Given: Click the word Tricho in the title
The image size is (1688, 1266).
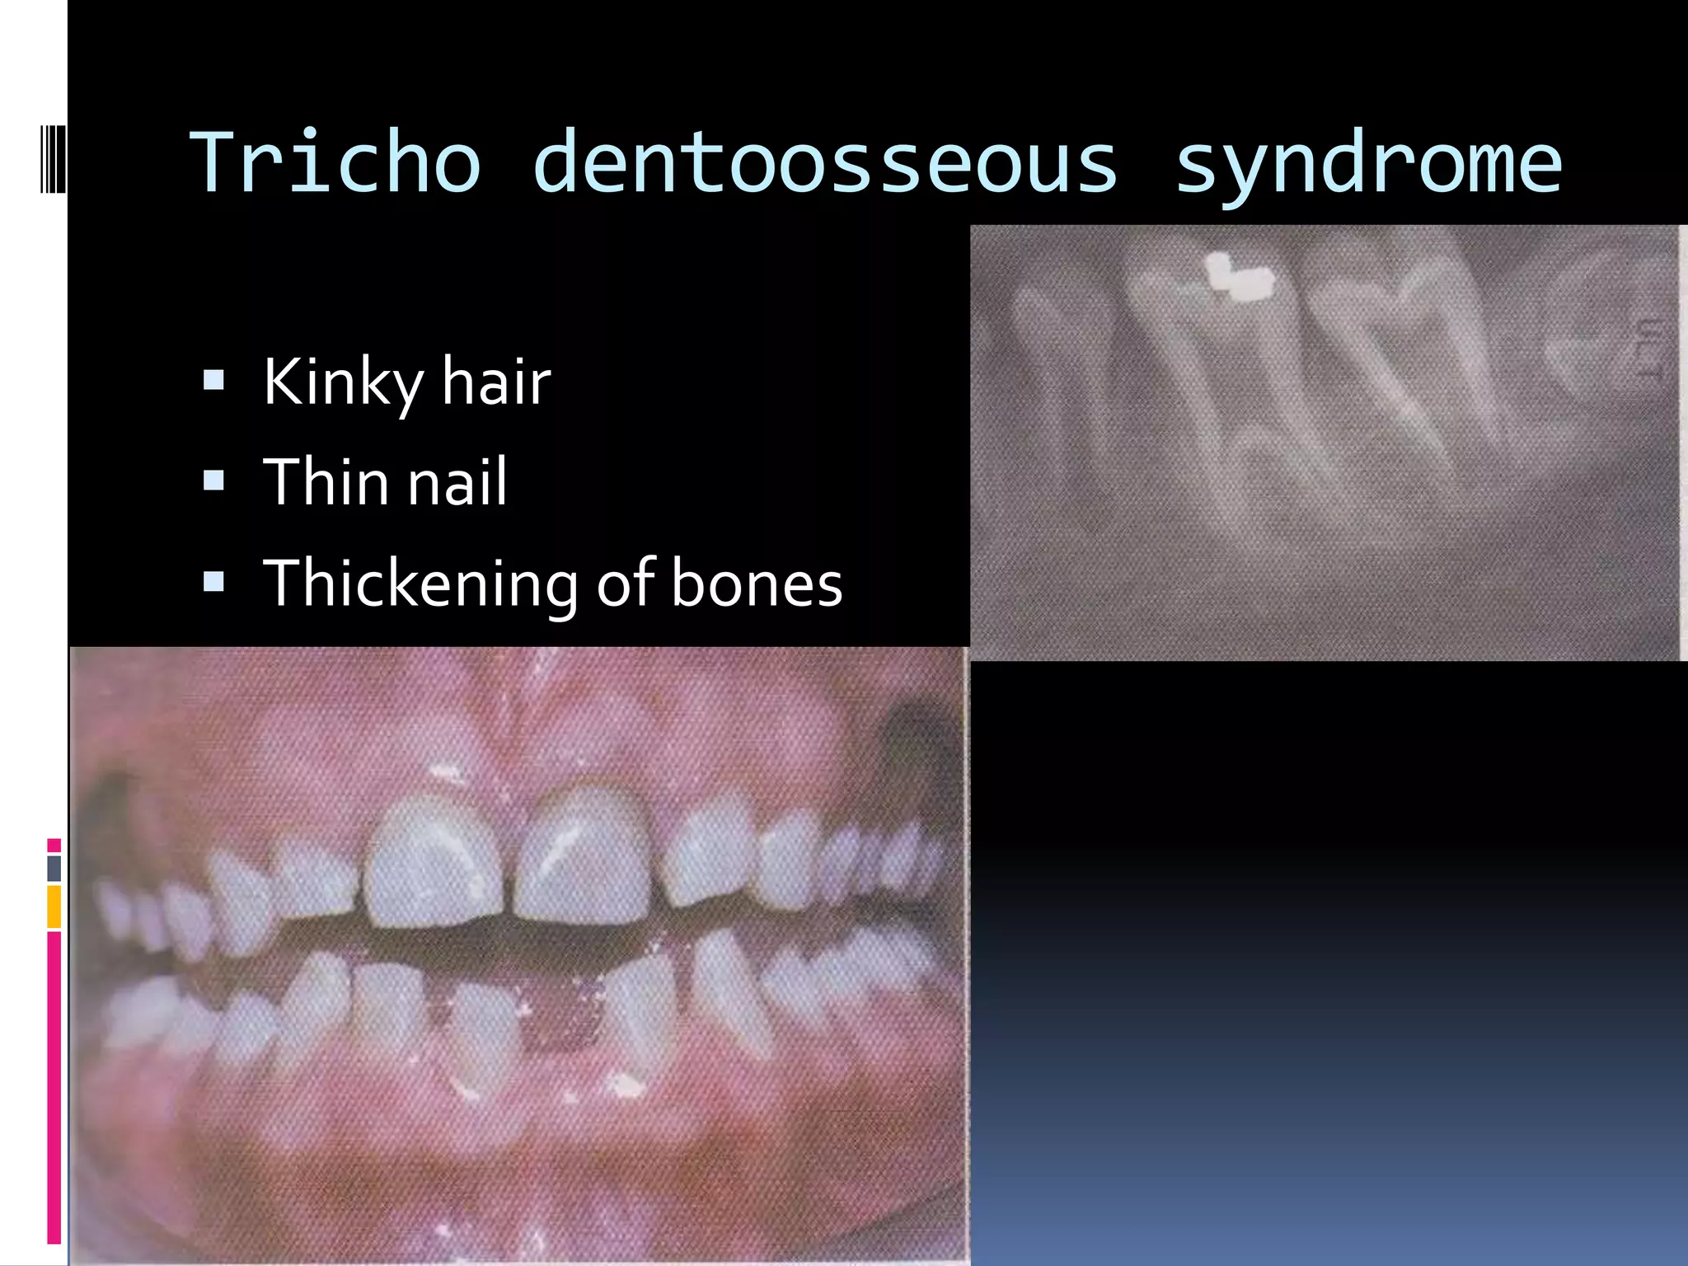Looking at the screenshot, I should (x=335, y=162).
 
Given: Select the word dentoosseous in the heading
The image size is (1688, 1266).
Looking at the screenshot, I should (x=825, y=162).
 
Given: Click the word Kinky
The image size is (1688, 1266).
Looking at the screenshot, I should (x=343, y=383).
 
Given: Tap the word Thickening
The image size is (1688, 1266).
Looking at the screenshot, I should (x=420, y=584).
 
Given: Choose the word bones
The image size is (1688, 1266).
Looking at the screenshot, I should (x=757, y=584).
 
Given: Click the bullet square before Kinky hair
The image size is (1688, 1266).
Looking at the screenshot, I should (x=213, y=380).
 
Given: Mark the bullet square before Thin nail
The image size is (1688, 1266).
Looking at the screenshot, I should (x=213, y=481).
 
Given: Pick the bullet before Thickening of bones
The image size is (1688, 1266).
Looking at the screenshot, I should (x=213, y=582).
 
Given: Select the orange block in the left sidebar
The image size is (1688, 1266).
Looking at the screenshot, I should (x=54, y=906).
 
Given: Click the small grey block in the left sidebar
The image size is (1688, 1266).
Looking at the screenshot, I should (x=54, y=869).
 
